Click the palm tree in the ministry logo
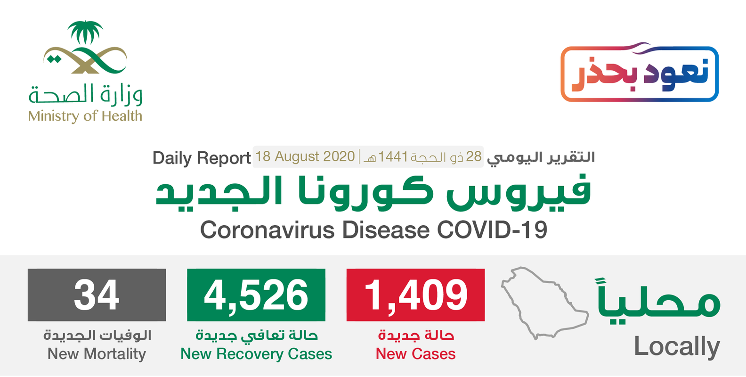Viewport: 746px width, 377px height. (x=85, y=33)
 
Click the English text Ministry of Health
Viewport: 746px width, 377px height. (x=85, y=116)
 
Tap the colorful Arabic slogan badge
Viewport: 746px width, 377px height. (x=640, y=72)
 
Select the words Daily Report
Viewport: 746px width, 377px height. (x=202, y=158)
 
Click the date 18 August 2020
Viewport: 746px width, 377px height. (x=305, y=156)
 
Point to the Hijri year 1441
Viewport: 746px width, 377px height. (x=393, y=156)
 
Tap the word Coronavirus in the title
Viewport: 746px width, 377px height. (x=268, y=230)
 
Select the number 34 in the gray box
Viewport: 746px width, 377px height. (x=97, y=295)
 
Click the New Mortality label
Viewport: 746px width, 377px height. (x=97, y=353)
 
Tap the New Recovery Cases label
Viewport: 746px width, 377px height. (x=256, y=353)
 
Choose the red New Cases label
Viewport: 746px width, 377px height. (x=416, y=353)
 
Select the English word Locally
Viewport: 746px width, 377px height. (x=677, y=347)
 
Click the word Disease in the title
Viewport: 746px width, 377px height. (x=386, y=230)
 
